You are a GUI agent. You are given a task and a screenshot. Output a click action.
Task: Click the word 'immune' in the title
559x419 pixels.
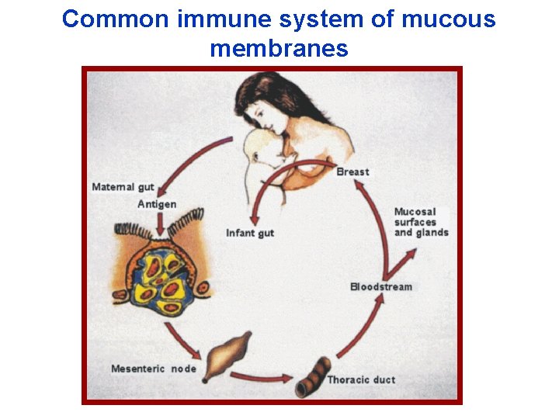coord(219,19)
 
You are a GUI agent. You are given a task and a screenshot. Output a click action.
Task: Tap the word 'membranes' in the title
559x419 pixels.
coord(279,49)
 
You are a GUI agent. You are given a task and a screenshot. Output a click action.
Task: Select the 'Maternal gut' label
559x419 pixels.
coord(123,187)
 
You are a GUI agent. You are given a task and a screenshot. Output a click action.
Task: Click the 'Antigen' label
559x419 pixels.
coord(157,204)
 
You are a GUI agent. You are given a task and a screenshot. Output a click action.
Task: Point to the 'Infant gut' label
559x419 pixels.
coord(250,233)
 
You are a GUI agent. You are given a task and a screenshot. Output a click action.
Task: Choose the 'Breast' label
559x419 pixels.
coord(353,171)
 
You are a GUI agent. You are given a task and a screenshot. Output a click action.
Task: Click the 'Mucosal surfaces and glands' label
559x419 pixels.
coord(421,222)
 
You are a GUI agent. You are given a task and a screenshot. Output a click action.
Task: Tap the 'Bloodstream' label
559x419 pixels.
coord(381,286)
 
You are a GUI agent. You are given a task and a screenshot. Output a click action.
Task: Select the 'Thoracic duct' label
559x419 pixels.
coord(361,379)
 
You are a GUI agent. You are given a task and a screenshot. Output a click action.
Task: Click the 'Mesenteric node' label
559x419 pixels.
coord(154,368)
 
